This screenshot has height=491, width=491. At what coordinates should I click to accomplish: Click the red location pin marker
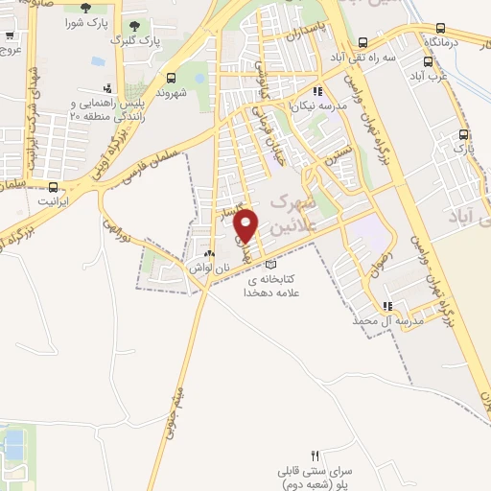[x=246, y=225]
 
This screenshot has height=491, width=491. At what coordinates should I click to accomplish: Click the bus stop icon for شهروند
[x=171, y=78]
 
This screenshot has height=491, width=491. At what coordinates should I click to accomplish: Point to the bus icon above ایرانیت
[x=53, y=187]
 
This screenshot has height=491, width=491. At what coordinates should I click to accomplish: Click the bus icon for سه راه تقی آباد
[x=362, y=42]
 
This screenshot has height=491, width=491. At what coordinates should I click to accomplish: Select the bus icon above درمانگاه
[x=440, y=28]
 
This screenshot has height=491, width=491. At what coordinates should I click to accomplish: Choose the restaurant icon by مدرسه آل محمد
[x=386, y=307]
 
